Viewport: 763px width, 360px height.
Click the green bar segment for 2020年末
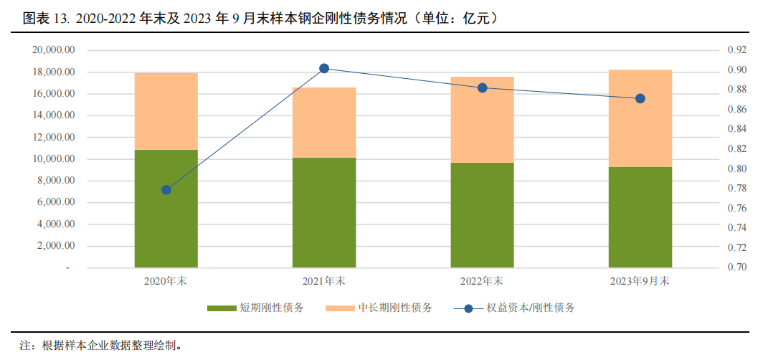click(166, 209)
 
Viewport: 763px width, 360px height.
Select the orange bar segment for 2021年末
click(324, 123)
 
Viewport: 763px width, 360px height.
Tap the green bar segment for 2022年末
click(482, 215)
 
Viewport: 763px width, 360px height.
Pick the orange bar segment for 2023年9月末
click(640, 118)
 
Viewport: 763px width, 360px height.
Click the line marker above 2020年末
click(166, 190)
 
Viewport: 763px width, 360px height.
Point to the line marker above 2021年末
click(324, 69)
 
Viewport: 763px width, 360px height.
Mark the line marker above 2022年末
click(482, 88)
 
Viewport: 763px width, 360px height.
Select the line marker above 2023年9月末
click(640, 98)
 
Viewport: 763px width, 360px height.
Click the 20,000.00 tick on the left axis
click(54, 50)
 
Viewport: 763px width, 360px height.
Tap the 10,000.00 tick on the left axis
click(54, 159)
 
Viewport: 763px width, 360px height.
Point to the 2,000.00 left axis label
click(57, 246)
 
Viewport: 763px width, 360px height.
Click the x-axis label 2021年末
click(324, 281)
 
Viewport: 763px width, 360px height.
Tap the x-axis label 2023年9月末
click(640, 281)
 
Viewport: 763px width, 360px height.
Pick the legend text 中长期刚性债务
click(399, 308)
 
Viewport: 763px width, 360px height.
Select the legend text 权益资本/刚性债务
click(531, 308)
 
